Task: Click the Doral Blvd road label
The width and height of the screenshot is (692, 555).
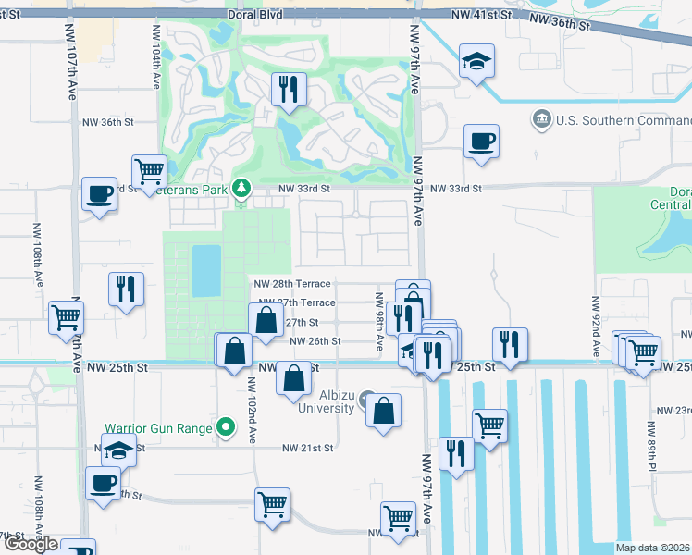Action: (x=254, y=17)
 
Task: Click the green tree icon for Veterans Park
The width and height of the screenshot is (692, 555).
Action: (x=241, y=188)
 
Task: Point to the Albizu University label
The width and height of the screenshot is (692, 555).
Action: (x=319, y=401)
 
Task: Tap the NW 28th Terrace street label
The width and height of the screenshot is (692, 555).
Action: (x=292, y=284)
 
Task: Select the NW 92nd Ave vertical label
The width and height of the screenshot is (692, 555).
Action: (x=596, y=321)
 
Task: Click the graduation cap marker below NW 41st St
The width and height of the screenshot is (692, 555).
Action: (x=476, y=62)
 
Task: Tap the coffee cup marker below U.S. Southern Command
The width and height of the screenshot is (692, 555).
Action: (x=481, y=142)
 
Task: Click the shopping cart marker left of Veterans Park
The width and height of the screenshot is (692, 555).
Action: (x=149, y=171)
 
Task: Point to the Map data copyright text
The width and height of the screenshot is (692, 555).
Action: (x=652, y=548)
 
